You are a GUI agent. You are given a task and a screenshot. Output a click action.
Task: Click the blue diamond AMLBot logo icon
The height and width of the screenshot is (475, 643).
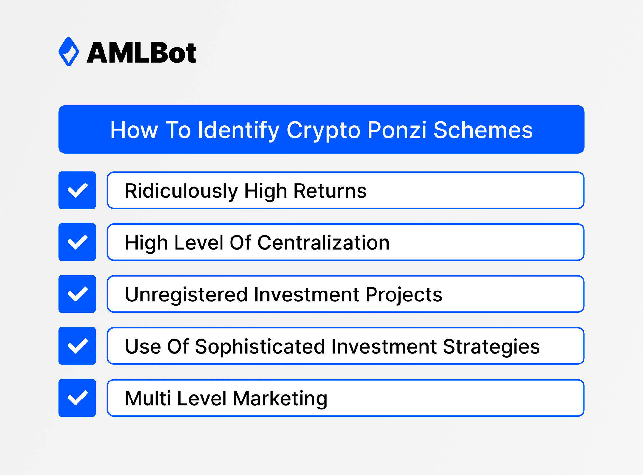pos(68,52)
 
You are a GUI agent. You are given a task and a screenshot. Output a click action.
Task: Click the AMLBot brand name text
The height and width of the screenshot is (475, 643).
pos(141,53)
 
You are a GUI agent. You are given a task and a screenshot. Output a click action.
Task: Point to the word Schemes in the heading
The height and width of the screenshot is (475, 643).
pos(483,130)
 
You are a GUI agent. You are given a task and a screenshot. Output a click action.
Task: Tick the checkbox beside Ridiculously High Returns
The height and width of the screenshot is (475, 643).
pos(77,190)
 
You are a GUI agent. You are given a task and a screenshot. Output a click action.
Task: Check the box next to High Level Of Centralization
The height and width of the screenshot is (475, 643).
pos(77,242)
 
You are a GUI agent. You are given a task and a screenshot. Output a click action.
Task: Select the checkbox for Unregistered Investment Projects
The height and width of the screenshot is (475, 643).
pos(77,294)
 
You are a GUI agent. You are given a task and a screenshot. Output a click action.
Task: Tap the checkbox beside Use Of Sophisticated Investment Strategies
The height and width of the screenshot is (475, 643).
pos(77,346)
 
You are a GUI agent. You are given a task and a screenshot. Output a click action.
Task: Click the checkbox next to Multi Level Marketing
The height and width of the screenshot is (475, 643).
pos(77,398)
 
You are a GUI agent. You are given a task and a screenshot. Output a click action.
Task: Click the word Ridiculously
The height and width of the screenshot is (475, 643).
pos(181,191)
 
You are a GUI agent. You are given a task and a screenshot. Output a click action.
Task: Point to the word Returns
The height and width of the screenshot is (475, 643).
pos(330,191)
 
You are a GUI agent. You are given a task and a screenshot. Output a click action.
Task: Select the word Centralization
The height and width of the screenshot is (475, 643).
pos(323,243)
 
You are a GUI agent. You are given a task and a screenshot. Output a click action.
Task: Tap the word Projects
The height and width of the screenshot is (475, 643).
pos(404,295)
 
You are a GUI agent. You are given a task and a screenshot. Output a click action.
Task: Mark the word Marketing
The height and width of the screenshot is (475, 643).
pos(280,399)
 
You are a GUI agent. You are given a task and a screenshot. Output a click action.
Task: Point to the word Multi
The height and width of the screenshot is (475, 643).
pos(148,399)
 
